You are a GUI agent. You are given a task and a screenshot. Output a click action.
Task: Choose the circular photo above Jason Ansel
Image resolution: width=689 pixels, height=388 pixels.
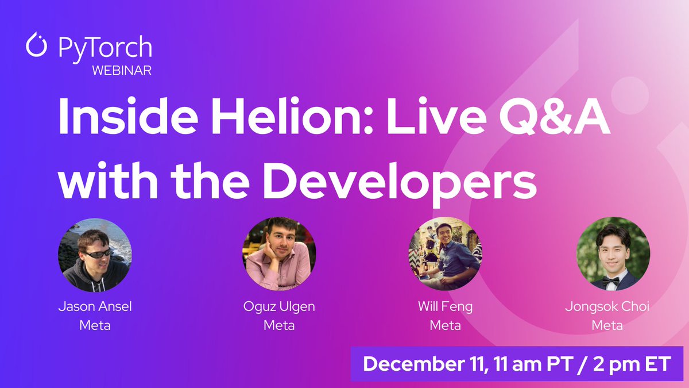95,253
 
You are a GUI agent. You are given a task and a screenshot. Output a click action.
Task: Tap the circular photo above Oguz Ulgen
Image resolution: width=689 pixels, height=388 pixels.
279,253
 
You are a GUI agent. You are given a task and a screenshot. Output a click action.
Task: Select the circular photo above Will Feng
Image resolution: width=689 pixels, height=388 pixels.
445,253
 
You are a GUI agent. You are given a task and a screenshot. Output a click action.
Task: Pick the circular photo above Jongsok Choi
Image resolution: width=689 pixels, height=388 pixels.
613,253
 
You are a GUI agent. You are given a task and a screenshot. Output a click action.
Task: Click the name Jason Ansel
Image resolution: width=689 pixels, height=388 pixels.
95,307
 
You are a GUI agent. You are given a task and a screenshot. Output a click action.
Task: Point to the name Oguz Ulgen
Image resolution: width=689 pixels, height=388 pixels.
279,307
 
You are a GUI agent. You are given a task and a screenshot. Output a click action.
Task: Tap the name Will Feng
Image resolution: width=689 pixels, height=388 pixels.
445,307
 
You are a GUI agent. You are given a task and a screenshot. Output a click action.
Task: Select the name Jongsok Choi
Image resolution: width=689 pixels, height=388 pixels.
607,307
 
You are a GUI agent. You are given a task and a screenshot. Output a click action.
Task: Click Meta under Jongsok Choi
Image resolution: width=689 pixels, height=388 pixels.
607,325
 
